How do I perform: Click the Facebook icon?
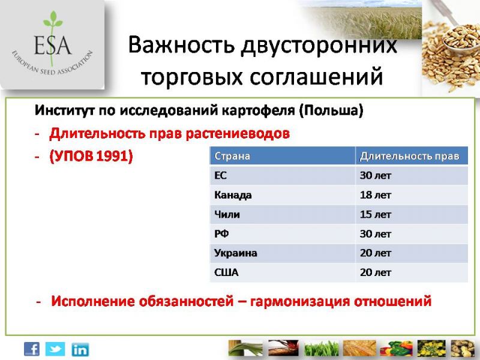tap(32, 349)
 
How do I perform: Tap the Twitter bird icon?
tap(55, 349)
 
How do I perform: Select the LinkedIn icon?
tap(80, 350)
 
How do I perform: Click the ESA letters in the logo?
tap(53, 44)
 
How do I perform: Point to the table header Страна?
tap(232, 156)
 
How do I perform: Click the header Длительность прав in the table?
tap(410, 156)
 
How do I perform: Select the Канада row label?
tap(233, 195)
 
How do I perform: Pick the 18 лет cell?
tap(376, 194)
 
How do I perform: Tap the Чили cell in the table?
tap(227, 214)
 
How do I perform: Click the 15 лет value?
tap(376, 214)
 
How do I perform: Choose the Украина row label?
tap(236, 253)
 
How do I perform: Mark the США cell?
tap(226, 272)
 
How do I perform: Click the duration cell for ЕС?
tap(376, 175)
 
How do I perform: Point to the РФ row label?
tap(221, 234)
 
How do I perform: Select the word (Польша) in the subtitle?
tap(331, 110)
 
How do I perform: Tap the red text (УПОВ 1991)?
tap(91, 157)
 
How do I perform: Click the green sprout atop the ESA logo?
tap(53, 20)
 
